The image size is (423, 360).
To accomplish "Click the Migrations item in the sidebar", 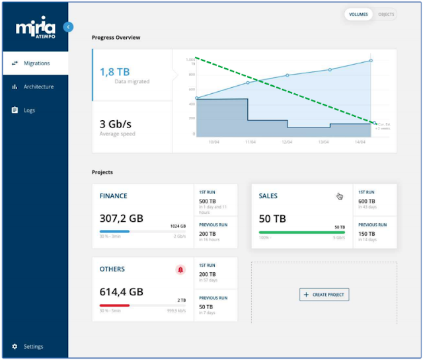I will pos(36,63).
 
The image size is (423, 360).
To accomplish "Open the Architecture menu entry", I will pos(38,87).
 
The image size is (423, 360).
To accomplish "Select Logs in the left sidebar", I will pos(29,110).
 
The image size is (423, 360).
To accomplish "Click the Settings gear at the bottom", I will pos(15,346).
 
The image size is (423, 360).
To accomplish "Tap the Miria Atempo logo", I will pos(37,28).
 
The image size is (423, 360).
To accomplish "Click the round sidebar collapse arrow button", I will pos(68,27).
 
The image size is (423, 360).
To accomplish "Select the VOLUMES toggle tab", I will pos(358,14).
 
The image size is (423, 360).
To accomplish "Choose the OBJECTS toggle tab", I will pos(385,14).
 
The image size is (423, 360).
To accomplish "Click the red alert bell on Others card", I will pos(180,270).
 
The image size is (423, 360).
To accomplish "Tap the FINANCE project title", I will pos(113,196).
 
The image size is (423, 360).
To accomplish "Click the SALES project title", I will pos(268,196).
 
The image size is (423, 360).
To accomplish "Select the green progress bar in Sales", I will pos(302,232).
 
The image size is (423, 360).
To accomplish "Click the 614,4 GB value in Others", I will pos(121,291).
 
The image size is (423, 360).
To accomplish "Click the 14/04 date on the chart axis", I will pos(361,141).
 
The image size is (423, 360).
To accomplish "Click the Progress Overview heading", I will pos(116,38).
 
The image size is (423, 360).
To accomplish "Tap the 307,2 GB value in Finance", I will pos(121,218).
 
